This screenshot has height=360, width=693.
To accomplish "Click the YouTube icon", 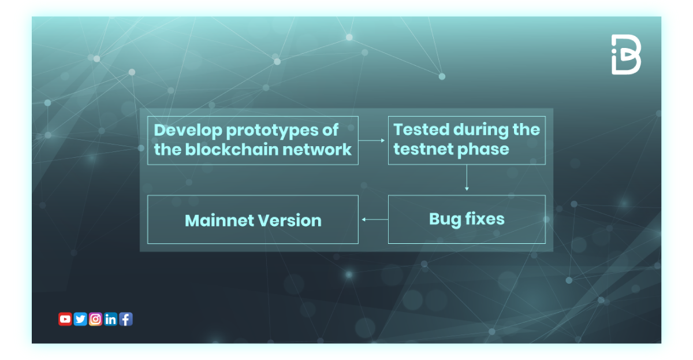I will point(65,319).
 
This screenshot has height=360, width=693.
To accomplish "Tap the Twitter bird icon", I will point(80,319).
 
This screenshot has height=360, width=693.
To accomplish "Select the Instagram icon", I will point(96,319).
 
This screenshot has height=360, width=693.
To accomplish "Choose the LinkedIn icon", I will point(111,319).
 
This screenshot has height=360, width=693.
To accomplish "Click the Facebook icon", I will point(126,319).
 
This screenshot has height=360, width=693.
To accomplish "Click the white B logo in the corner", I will point(626,54).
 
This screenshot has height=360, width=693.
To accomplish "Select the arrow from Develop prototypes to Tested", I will point(372,140).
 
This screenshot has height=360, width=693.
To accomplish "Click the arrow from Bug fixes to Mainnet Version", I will point(373,220).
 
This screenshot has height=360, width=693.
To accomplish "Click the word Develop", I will point(187,130).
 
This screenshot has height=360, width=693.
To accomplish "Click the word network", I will point(324,149).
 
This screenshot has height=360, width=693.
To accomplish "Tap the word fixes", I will point(484,219).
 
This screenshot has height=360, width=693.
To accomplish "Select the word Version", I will point(290,220).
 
